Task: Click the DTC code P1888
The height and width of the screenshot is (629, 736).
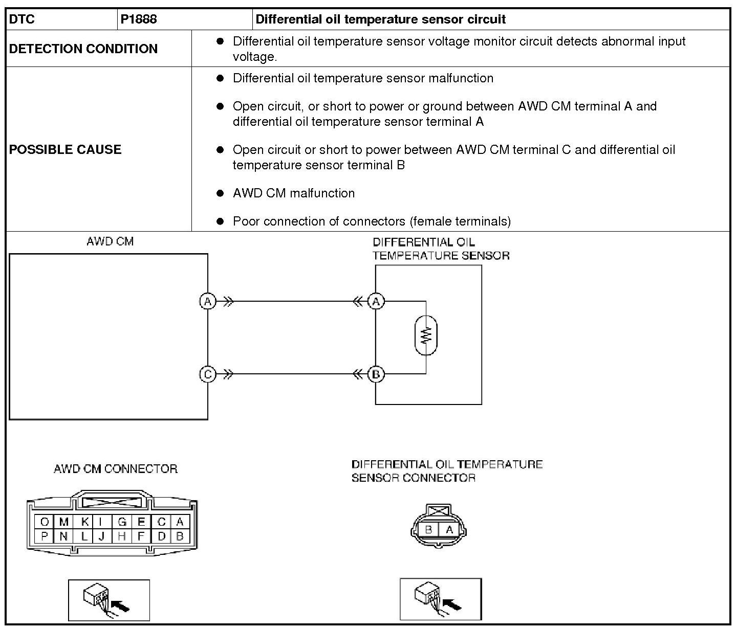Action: [139, 19]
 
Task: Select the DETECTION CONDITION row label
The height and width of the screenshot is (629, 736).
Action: [83, 49]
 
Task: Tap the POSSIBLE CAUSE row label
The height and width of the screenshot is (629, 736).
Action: [66, 149]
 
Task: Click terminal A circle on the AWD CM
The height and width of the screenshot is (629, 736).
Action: [207, 302]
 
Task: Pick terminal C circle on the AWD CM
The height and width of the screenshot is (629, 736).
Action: [207, 374]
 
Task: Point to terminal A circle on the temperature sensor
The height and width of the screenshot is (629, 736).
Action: [376, 302]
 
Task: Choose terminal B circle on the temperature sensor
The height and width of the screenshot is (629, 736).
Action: [376, 374]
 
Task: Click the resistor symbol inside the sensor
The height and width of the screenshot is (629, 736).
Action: [426, 335]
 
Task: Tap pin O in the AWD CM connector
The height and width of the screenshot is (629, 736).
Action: [45, 522]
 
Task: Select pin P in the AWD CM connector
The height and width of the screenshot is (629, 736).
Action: [45, 536]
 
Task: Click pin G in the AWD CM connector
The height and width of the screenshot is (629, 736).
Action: [122, 522]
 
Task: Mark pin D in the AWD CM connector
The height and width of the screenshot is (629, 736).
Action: [161, 536]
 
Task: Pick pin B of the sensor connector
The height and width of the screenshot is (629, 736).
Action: [429, 530]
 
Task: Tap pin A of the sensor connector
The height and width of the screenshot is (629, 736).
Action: [449, 530]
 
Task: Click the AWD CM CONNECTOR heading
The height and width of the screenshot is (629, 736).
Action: [116, 469]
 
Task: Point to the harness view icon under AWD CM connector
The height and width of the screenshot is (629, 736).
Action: [109, 599]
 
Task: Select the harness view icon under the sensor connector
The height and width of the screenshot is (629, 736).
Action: [441, 599]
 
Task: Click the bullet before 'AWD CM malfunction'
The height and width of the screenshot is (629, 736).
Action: [221, 193]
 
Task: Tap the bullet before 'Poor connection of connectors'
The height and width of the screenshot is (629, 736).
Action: [221, 221]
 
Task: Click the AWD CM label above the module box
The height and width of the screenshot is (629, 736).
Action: [110, 241]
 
